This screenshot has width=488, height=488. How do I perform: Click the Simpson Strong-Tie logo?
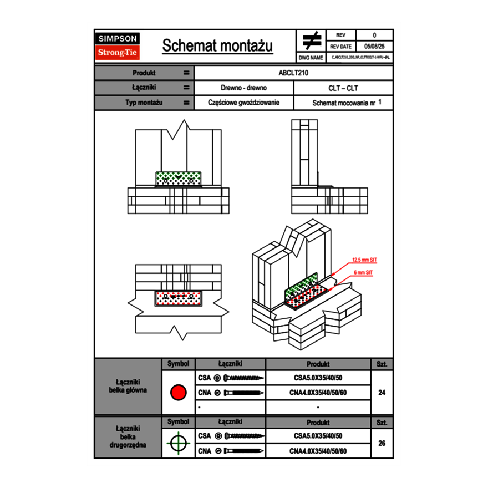(x=118, y=46)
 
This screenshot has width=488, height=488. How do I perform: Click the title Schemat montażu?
(x=217, y=46)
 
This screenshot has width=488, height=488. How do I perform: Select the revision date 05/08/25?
(x=374, y=47)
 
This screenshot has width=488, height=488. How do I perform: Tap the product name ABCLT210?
(x=294, y=73)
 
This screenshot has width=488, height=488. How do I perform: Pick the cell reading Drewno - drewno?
(x=243, y=88)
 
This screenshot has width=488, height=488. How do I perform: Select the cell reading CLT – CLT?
(x=343, y=88)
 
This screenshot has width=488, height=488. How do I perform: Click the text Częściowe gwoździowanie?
(x=243, y=103)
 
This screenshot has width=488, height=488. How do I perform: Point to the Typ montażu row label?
(x=144, y=103)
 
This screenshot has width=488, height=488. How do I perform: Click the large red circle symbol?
(x=177, y=393)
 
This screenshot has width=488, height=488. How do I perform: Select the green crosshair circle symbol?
(x=177, y=443)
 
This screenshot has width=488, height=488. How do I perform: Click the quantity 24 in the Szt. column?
(x=382, y=393)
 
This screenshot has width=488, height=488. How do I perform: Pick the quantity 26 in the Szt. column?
(x=382, y=443)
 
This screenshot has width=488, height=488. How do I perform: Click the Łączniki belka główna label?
(x=128, y=386)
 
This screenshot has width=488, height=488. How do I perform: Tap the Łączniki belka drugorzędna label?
(x=128, y=436)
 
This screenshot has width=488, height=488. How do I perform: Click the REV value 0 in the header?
(x=374, y=35)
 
